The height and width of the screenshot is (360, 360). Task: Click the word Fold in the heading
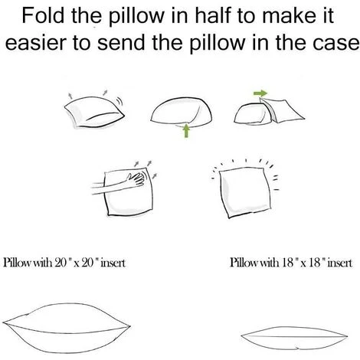43,15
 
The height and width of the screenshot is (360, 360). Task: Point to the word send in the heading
121,42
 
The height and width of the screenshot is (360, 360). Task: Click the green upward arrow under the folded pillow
187,130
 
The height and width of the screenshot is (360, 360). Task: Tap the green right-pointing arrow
260,93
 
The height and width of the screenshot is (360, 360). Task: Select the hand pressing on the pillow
136,178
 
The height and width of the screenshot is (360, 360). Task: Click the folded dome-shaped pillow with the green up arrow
182,112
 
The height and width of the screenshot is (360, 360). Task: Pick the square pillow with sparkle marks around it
244,192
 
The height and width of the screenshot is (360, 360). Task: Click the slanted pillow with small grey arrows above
94,113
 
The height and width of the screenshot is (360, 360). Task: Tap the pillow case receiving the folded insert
282,110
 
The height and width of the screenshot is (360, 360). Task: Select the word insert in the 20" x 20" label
113,263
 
